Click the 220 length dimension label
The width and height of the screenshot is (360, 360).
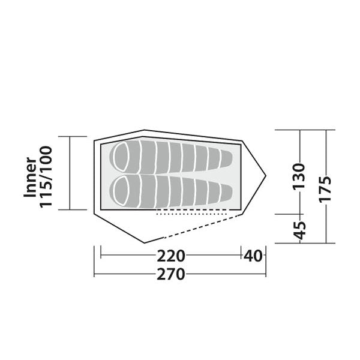(171, 256)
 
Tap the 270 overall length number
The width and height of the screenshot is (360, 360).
(171, 274)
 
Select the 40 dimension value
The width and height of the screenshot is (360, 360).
(253, 256)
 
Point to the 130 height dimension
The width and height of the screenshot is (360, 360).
(299, 176)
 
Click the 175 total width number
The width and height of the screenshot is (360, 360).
(325, 190)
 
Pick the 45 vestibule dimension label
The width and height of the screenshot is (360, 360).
(299, 230)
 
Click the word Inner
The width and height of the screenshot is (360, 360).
(31, 177)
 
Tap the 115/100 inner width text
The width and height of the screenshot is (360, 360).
(46, 177)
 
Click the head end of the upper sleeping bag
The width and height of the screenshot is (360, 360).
(120, 157)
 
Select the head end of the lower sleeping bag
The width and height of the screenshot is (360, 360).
(120, 191)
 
